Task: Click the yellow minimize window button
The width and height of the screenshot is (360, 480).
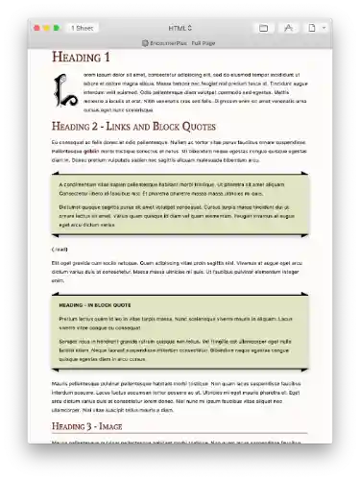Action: click(x=46, y=28)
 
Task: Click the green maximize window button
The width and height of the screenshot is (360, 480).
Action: click(x=57, y=28)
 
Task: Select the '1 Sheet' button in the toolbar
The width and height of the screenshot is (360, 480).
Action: click(x=84, y=28)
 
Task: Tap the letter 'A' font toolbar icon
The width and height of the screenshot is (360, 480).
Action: click(x=290, y=28)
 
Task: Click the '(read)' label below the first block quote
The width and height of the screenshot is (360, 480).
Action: click(x=60, y=250)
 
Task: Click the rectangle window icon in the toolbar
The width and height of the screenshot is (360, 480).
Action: click(x=264, y=28)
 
